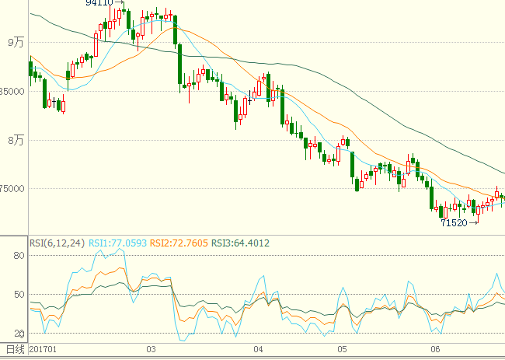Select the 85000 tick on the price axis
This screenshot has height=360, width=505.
[13, 91]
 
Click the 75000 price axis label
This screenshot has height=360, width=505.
[13, 188]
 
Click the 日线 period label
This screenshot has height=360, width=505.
[16, 351]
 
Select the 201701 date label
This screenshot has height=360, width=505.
[44, 351]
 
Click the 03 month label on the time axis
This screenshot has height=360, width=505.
[151, 351]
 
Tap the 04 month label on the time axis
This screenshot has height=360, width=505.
[259, 351]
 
